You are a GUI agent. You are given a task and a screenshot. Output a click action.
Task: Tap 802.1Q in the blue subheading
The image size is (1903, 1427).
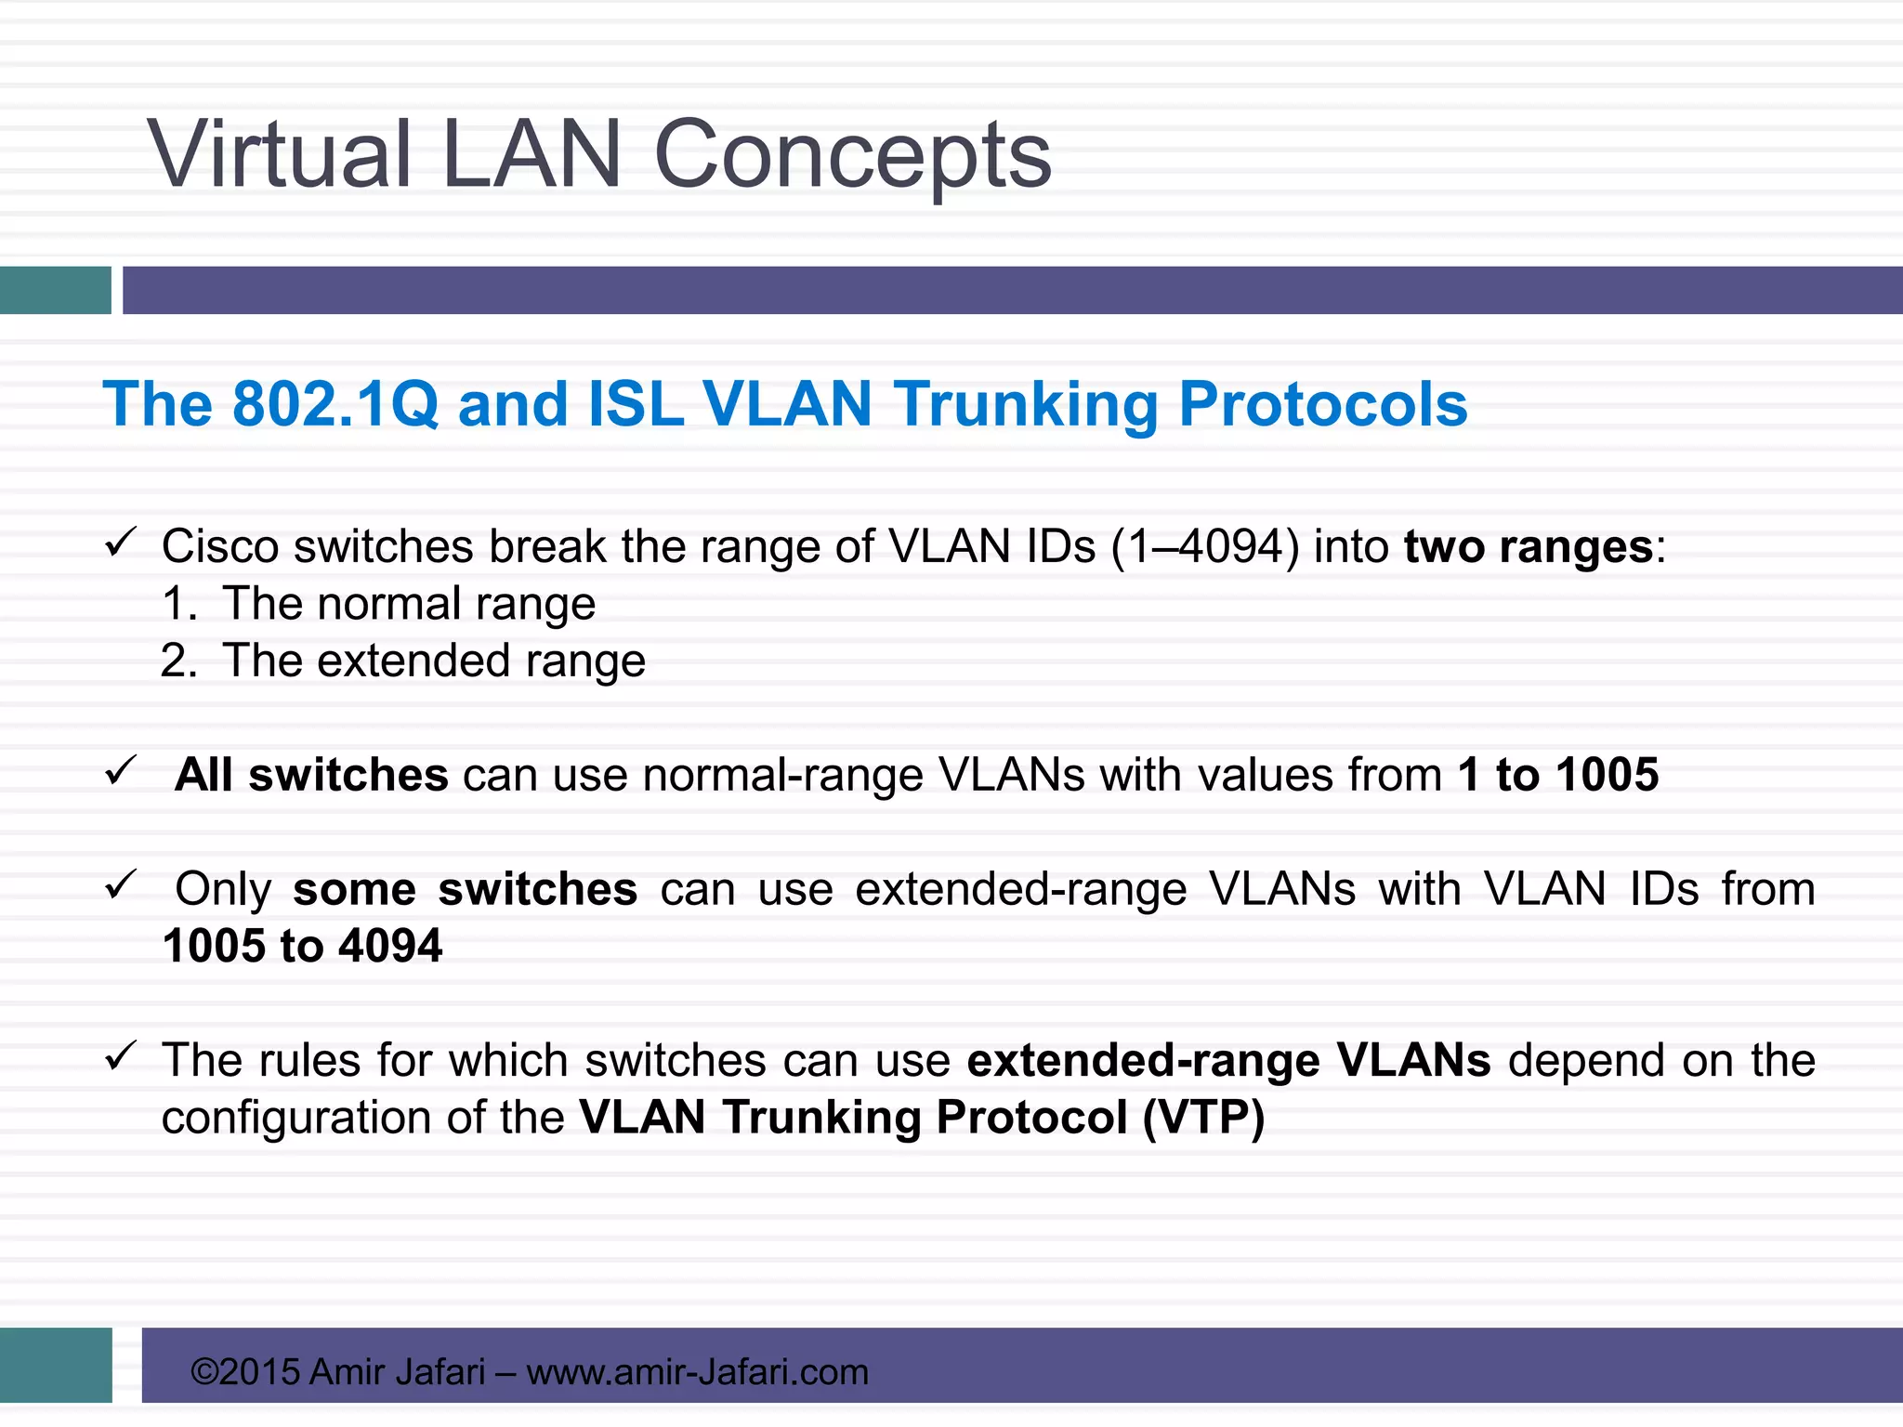(x=335, y=404)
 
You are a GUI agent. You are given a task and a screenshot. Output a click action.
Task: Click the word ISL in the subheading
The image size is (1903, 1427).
(x=637, y=404)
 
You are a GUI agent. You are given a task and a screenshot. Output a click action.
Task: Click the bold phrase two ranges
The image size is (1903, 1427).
(x=1529, y=546)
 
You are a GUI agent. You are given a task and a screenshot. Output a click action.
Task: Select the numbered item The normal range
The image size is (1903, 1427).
(x=409, y=604)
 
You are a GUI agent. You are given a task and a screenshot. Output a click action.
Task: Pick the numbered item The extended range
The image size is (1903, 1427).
(x=433, y=661)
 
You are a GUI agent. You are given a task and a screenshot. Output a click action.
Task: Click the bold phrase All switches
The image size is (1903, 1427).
(x=311, y=775)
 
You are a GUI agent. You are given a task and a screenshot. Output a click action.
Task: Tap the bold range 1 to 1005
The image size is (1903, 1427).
(x=1557, y=775)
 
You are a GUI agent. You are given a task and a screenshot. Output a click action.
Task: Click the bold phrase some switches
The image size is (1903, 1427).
(x=465, y=889)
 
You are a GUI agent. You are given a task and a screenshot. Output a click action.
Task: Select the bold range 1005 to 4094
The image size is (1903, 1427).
(x=302, y=947)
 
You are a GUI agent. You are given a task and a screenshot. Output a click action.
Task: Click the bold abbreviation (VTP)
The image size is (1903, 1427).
(x=1203, y=1118)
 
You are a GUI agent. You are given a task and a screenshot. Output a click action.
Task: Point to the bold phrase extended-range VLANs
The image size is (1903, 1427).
(x=1228, y=1060)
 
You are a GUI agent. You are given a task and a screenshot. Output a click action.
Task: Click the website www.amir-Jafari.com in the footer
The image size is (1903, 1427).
(x=697, y=1372)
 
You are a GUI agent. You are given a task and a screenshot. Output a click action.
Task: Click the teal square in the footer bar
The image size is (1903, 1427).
(x=56, y=1365)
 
